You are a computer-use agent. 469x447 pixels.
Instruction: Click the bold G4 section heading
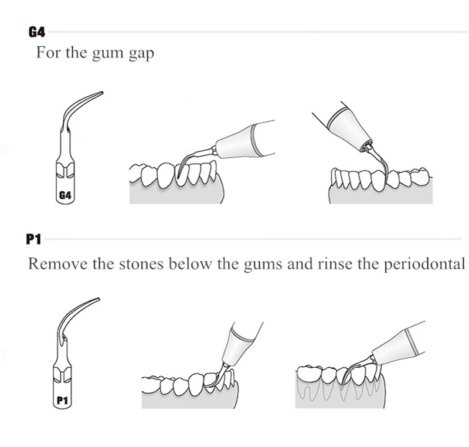point(36,31)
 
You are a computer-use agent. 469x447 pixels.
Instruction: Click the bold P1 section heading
point(35,239)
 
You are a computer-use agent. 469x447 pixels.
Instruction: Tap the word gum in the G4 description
point(106,53)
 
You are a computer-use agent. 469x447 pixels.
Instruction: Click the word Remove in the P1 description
point(56,263)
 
